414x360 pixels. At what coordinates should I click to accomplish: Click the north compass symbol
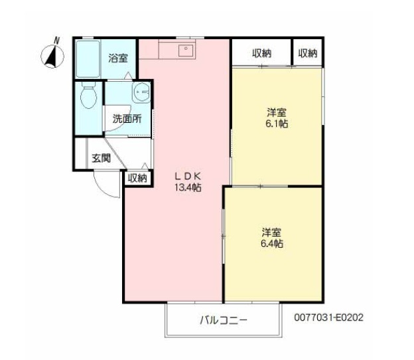pyautogui.click(x=52, y=55)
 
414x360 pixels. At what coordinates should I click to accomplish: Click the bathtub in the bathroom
pyautogui.click(x=87, y=60)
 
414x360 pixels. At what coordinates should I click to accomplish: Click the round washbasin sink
pyautogui.click(x=141, y=94)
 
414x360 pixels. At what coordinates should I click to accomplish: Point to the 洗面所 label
pyautogui.click(x=126, y=120)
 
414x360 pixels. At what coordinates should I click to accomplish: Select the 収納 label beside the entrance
pyautogui.click(x=137, y=178)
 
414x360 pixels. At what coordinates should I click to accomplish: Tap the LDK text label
pyautogui.click(x=187, y=176)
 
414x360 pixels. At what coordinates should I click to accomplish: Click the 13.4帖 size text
pyautogui.click(x=188, y=187)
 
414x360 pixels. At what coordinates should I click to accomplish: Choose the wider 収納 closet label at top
pyautogui.click(x=261, y=54)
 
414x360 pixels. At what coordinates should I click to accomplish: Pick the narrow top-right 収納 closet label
pyautogui.click(x=307, y=54)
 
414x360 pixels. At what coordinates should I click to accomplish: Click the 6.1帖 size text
pyautogui.click(x=276, y=124)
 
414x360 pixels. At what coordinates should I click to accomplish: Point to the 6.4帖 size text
pyautogui.click(x=272, y=244)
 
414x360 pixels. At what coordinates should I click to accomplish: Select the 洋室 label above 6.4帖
pyautogui.click(x=271, y=232)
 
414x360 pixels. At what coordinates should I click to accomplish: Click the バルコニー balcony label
pyautogui.click(x=224, y=321)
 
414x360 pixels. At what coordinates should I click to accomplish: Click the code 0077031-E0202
pyautogui.click(x=329, y=317)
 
